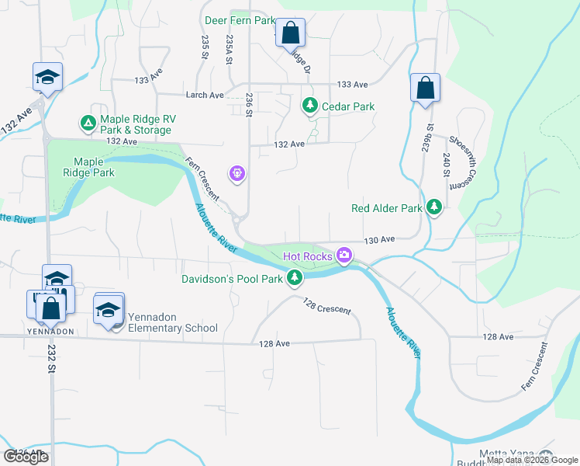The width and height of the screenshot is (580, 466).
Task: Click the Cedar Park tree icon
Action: pos(310,105)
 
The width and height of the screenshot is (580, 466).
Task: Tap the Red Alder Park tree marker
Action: pos(435,207)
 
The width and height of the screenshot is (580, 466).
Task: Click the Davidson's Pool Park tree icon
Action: pos(294,277)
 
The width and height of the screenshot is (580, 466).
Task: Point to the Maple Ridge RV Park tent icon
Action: pos(88,123)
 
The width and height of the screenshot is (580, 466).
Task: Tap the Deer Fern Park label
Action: pos(240,19)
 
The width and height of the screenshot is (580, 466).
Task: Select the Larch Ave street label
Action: pos(205,96)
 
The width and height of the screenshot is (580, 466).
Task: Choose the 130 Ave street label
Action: pos(380,241)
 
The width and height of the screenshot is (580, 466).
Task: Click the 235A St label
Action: pos(230,47)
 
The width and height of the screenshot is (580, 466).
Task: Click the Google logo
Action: pos(26,457)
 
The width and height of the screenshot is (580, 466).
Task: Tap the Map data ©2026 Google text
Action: pos(531,461)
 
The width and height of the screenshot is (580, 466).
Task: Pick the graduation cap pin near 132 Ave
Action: pos(47,78)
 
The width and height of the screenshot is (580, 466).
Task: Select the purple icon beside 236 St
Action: pos(237,173)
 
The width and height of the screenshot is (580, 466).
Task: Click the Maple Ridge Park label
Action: pos(94,167)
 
